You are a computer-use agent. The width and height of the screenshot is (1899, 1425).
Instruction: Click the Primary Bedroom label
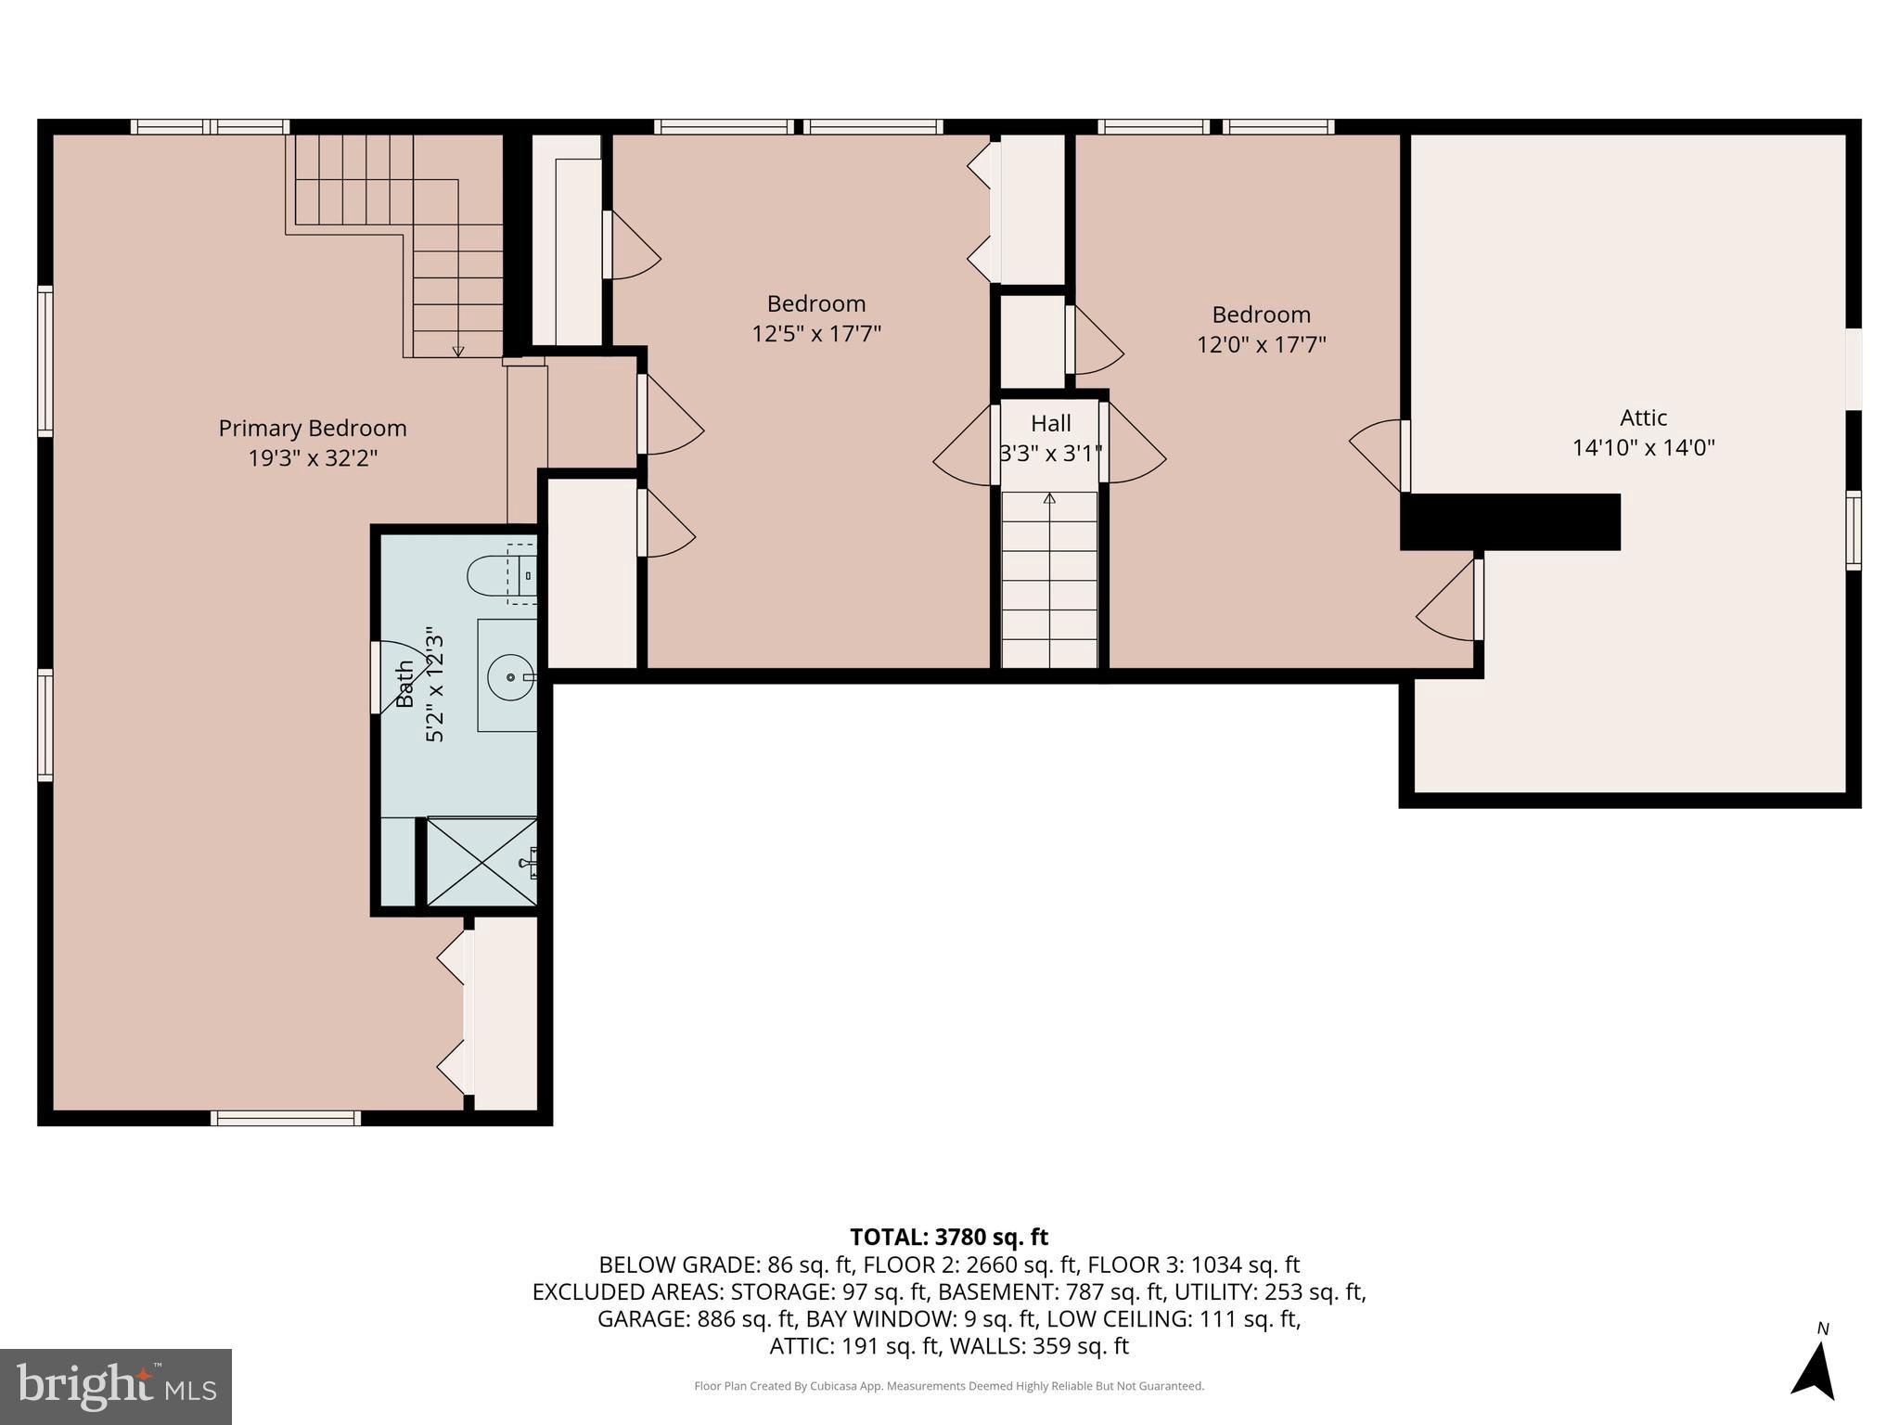(313, 428)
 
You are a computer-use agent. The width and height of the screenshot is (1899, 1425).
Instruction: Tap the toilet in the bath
(492, 576)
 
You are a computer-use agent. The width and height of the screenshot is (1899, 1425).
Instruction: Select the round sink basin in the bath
(510, 677)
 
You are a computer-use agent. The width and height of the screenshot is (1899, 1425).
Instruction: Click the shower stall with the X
(481, 862)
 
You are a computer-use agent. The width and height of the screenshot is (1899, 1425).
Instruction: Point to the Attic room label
(1643, 417)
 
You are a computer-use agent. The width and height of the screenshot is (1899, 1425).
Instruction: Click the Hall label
(1050, 424)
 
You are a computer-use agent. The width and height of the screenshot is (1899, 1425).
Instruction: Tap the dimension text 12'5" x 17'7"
(815, 334)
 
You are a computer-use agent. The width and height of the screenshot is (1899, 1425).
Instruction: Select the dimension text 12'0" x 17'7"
(1261, 345)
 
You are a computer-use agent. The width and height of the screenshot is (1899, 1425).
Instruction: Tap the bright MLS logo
(116, 1386)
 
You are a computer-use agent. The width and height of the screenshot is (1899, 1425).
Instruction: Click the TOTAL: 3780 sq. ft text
(948, 1237)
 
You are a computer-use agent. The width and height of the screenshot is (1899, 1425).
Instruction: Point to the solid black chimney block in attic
(1510, 522)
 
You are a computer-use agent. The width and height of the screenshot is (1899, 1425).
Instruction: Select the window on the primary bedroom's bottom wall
(285, 1118)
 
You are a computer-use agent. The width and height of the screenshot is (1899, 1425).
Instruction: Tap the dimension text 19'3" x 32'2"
(313, 458)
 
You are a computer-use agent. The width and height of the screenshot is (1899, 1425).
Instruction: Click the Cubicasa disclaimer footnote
(948, 1386)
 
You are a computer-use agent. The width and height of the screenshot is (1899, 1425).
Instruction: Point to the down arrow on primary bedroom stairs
(458, 350)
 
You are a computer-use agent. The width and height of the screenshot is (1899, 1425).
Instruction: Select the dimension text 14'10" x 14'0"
(1643, 448)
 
